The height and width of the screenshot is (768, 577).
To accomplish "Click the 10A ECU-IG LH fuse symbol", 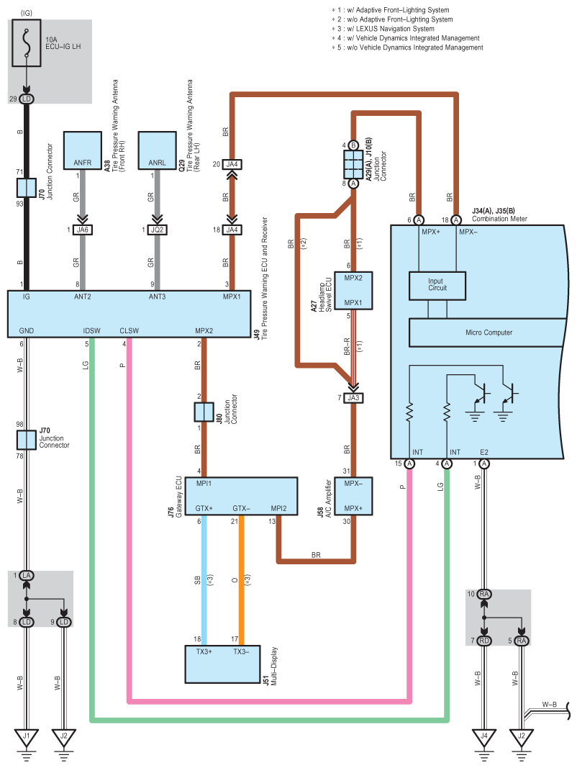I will click(27, 44).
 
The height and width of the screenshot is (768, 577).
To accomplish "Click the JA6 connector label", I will click(83, 230).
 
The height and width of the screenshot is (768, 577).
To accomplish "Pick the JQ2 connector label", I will click(157, 230).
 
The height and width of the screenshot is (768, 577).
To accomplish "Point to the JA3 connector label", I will click(353, 398).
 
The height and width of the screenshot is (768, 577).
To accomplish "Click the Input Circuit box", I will click(437, 285).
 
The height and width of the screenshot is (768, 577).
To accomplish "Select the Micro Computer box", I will click(483, 332).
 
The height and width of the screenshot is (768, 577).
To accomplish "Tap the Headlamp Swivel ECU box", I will click(353, 290).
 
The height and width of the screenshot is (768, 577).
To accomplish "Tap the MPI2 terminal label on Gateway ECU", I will click(278, 509).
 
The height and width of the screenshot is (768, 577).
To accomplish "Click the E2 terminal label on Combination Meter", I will click(484, 452).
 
